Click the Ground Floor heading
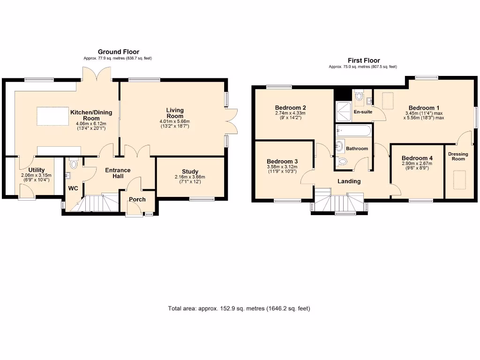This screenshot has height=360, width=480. [119, 52]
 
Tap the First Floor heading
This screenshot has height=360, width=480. [364, 60]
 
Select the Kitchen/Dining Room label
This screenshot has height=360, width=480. [91, 115]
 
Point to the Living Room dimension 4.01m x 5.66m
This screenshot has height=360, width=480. [175, 121]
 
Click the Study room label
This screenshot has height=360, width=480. [190, 172]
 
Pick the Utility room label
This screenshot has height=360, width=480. [37, 170]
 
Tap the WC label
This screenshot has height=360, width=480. [73, 188]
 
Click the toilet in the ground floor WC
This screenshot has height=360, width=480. [74, 163]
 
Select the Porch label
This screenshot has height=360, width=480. [137, 199]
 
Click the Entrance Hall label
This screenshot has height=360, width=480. [118, 173]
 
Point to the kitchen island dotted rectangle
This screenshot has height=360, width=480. [52, 116]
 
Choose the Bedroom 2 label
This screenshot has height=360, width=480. [290, 107]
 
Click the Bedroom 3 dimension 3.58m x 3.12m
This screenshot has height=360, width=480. [282, 167]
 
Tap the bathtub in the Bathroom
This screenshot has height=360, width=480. [353, 131]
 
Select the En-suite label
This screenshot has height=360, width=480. [363, 112]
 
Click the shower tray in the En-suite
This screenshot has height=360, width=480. [344, 112]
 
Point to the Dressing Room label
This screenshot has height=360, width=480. [458, 156]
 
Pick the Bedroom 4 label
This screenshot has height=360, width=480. [417, 158]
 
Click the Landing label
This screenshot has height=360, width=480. [349, 181]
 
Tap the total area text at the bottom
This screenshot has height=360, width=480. [239, 308]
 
